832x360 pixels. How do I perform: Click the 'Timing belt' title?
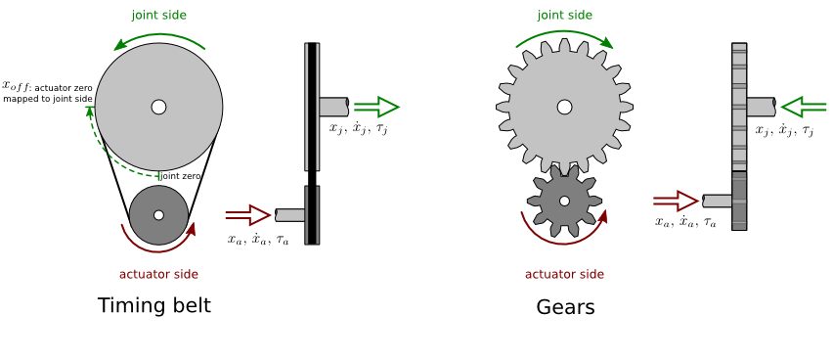[154, 306]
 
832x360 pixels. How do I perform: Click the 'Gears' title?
[565, 307]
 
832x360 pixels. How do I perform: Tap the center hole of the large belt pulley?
[158, 107]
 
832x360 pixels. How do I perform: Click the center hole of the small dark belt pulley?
[158, 215]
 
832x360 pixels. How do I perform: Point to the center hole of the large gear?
[564, 106]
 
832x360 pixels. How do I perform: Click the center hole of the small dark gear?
[564, 201]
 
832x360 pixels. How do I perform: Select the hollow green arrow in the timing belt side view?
[376, 107]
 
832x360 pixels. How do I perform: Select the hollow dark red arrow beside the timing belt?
[247, 214]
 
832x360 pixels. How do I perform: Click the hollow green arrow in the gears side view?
[805, 106]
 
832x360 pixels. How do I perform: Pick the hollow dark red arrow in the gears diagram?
[676, 201]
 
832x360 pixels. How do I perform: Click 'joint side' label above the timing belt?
[158, 16]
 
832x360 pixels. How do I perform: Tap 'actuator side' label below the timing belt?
[158, 274]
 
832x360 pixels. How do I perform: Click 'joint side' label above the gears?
[564, 16]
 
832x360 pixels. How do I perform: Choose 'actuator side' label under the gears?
[564, 274]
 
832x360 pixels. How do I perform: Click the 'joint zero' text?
[182, 175]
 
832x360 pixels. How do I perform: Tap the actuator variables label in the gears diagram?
[685, 222]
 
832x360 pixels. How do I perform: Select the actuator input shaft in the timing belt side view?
[290, 214]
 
